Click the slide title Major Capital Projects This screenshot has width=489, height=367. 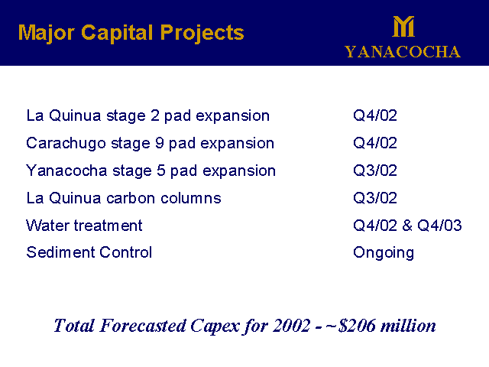pos(131,33)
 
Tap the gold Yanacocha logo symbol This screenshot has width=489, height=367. pos(403,27)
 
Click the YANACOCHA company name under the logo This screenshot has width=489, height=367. pos(402,52)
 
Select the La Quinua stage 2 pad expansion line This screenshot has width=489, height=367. pos(147,116)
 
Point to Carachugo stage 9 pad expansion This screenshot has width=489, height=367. pos(150,144)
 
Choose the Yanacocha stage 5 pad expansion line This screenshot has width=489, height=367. pos(151,171)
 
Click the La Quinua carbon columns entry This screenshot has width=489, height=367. pos(123,198)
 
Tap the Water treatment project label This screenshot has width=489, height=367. pos(84,226)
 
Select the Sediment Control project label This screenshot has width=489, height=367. pos(89,252)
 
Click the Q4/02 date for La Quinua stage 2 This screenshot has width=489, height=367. pos(375,116)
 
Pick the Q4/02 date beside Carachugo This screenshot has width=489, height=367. pos(375,144)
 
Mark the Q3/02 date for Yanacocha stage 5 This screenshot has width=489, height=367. pos(375,171)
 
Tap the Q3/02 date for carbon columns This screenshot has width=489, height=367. pos(375,198)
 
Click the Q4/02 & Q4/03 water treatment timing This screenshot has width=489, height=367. pos(407,226)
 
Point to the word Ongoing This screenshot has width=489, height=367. pos(384,253)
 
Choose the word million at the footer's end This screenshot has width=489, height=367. pos(411,326)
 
